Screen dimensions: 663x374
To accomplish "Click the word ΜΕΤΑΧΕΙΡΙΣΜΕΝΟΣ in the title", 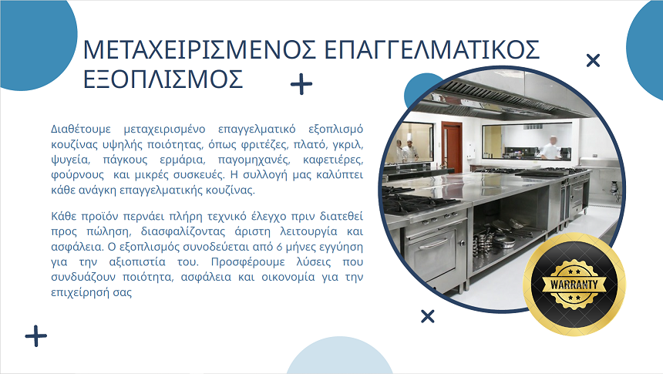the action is tap(199, 49).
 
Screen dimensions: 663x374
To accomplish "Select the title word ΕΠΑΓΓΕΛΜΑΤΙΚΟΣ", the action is tap(432, 49).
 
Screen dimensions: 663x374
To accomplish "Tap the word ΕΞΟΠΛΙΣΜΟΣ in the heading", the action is tap(163, 79).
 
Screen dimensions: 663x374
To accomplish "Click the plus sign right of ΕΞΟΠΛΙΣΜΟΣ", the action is tap(301, 84).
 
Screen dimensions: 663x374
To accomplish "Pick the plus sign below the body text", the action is tap(36, 336).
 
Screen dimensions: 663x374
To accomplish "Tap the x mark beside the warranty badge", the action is tap(428, 316).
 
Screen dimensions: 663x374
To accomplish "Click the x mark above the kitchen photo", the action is tap(594, 60).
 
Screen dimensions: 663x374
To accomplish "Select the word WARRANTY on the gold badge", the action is tap(574, 285).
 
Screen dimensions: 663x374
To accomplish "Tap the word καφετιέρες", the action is tap(333, 160).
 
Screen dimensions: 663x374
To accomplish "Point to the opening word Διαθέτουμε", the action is tap(81, 129).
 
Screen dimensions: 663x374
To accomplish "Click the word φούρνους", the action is tap(77, 175).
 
